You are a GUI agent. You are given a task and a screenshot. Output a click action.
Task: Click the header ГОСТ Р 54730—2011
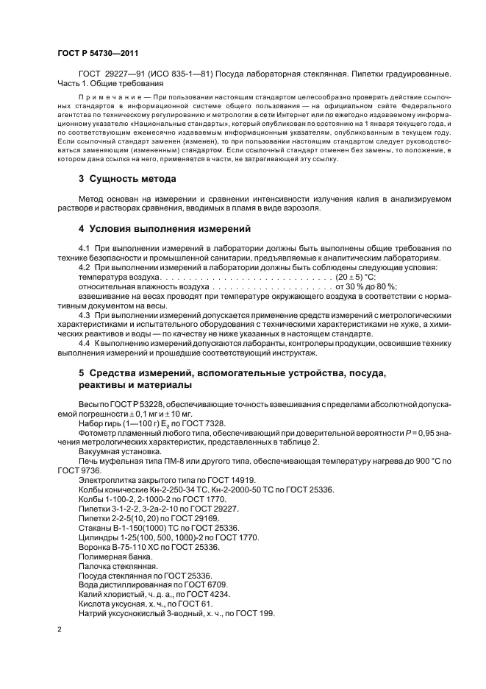pos(97,54)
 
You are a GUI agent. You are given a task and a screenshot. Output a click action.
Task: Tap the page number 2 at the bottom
pos(60,630)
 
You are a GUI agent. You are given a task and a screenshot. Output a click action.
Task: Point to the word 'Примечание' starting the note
pos(106,97)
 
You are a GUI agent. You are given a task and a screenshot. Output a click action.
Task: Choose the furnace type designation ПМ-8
pos(160,460)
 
